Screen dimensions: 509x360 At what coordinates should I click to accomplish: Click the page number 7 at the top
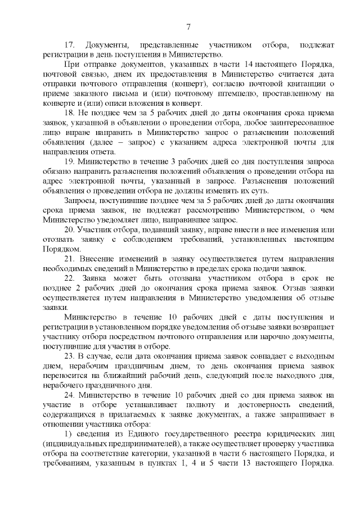click(189, 26)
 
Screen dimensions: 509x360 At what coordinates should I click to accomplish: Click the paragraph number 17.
click(70, 44)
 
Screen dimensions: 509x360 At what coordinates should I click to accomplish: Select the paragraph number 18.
click(70, 113)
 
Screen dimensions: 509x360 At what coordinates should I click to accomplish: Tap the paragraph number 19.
click(70, 162)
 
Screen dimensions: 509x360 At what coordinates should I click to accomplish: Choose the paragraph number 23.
click(70, 358)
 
